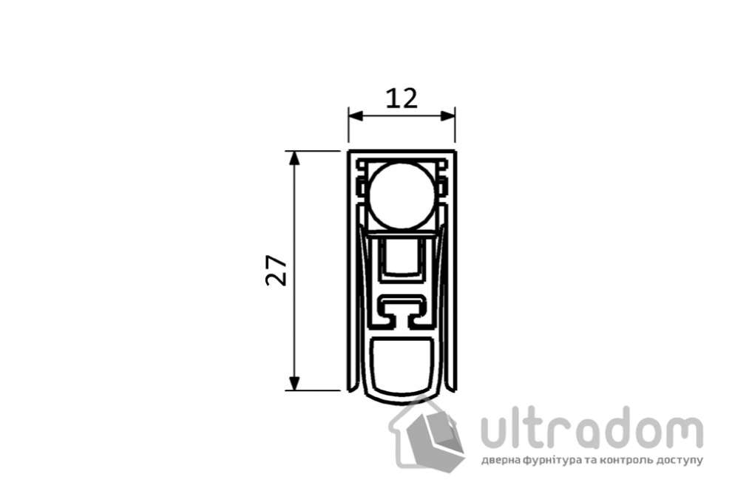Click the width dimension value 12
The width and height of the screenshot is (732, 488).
pos(401,98)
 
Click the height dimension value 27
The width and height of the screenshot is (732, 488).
pos(277,271)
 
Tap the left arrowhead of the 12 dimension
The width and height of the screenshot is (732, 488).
pos(354,116)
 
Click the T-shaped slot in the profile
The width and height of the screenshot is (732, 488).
pos(401,310)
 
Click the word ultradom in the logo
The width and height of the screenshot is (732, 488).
pos(592,429)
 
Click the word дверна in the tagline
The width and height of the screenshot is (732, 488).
pos(501,460)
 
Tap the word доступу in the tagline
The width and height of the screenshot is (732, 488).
pos(679,460)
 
